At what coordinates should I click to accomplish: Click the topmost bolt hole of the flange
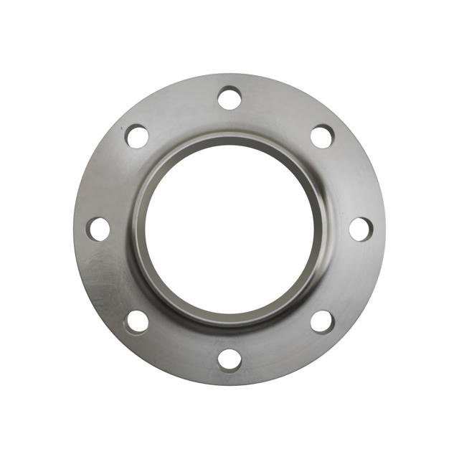coord(229,98)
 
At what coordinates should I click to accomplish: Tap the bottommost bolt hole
coord(229,359)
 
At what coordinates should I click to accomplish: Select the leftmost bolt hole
coord(99,229)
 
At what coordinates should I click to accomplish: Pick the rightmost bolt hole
coord(361,229)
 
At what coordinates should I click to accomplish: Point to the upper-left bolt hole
coord(137,136)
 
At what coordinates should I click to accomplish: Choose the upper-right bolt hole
coord(322,136)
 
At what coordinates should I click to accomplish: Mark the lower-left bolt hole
coord(137,321)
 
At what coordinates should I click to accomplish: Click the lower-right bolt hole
coord(322,321)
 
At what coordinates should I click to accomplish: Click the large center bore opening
coord(229,226)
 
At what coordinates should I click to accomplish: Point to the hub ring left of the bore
coord(138,228)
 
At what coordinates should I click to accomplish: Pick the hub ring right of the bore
coord(321,228)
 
